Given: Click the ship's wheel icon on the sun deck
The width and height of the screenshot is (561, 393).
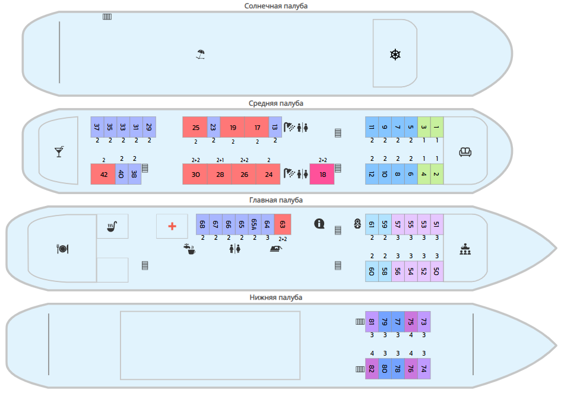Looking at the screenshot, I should pyautogui.click(x=395, y=55).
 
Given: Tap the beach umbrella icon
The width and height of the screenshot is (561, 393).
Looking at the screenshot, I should pyautogui.click(x=201, y=54).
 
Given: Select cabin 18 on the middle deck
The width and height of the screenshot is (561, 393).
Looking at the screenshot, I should pyautogui.click(x=322, y=174).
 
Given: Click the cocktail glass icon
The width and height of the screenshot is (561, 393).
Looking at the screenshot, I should pyautogui.click(x=59, y=152).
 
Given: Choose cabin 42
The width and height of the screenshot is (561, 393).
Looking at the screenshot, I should pyautogui.click(x=103, y=174).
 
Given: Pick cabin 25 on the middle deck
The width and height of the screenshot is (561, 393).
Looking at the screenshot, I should pyautogui.click(x=195, y=128).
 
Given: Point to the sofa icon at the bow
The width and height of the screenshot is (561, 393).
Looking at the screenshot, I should pyautogui.click(x=465, y=152).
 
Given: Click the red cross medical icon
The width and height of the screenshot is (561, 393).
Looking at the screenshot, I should pyautogui.click(x=172, y=226).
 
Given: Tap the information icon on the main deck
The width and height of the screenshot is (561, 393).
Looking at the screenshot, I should pyautogui.click(x=319, y=224).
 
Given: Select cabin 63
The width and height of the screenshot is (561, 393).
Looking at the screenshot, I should pyautogui.click(x=282, y=224).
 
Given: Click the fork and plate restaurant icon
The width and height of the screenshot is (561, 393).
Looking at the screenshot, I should pyautogui.click(x=62, y=249).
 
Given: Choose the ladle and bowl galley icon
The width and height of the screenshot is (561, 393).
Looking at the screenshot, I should pyautogui.click(x=112, y=226).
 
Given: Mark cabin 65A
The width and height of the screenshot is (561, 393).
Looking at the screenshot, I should pyautogui.click(x=254, y=224).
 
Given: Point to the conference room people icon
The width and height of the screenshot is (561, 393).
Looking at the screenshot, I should pyautogui.click(x=465, y=250).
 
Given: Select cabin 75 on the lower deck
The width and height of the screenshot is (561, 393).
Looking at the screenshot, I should pyautogui.click(x=411, y=322).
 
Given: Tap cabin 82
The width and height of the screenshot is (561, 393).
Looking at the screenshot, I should pyautogui.click(x=372, y=369).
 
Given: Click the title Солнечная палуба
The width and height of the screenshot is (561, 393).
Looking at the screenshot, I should pyautogui.click(x=276, y=6).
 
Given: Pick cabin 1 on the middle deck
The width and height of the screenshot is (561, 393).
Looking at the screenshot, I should pyautogui.click(x=437, y=127).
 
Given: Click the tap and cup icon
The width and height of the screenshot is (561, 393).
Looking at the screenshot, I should pyautogui.click(x=189, y=249).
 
